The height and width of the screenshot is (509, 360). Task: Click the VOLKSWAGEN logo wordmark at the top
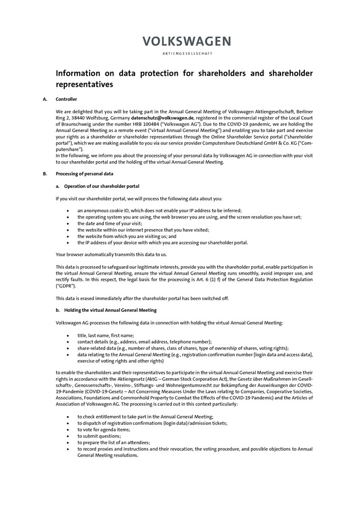pyautogui.click(x=186, y=41)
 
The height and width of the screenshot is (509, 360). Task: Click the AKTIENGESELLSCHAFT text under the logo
pyautogui.click(x=186, y=54)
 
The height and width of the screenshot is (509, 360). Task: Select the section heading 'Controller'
pyautogui.click(x=66, y=99)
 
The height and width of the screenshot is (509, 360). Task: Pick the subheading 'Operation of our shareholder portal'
pyautogui.click(x=102, y=186)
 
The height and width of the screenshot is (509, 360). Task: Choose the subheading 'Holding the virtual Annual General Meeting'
pyautogui.click(x=110, y=310)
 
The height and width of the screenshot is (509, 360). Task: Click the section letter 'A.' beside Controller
pyautogui.click(x=45, y=99)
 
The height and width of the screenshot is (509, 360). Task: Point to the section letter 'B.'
pyautogui.click(x=45, y=174)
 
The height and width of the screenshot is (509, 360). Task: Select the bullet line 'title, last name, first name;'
pyautogui.click(x=106, y=335)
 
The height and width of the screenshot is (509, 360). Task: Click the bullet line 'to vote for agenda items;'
pyautogui.click(x=103, y=429)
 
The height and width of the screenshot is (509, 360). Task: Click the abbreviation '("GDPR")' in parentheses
pyautogui.click(x=66, y=285)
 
